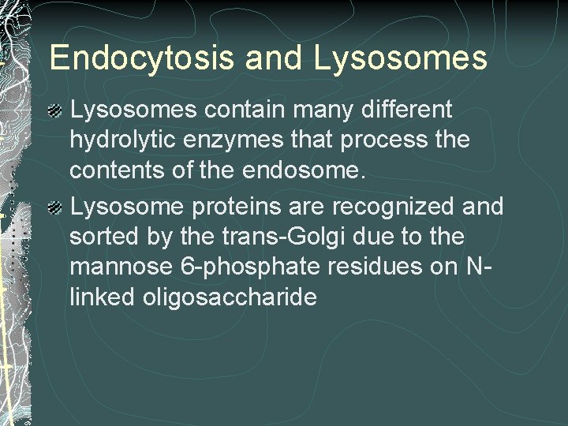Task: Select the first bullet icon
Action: (x=56, y=110)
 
